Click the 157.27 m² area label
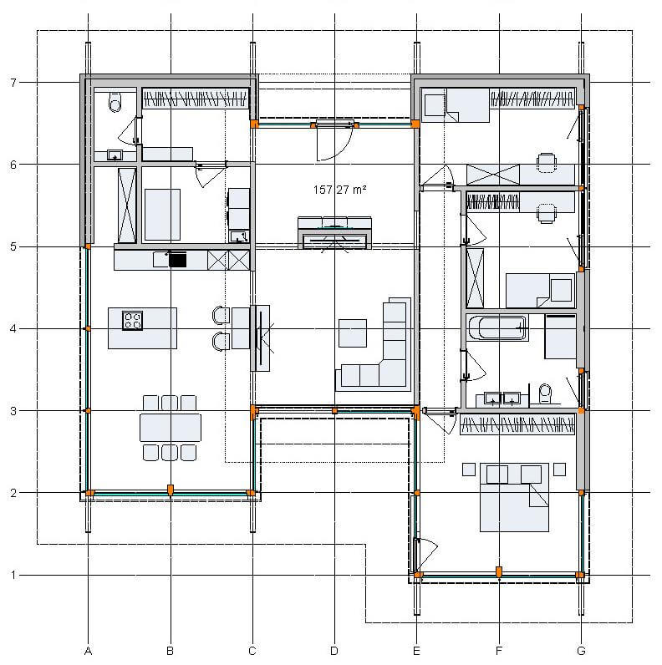(x=339, y=190)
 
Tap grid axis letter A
(x=88, y=651)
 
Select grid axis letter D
(x=334, y=651)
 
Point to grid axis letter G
(x=582, y=651)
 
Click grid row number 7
(x=13, y=82)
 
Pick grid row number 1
(x=13, y=575)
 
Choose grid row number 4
(x=13, y=328)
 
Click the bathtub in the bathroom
(x=498, y=327)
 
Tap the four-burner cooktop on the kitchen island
(x=132, y=321)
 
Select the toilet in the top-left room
(x=115, y=102)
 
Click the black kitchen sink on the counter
(x=177, y=259)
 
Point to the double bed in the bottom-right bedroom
(x=514, y=497)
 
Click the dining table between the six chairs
(x=171, y=428)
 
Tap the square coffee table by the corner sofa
(x=353, y=333)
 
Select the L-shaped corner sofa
(x=374, y=344)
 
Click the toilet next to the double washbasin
(x=545, y=394)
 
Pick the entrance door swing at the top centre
(x=335, y=142)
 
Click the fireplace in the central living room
(x=334, y=239)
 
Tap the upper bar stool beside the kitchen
(x=222, y=316)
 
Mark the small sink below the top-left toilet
(x=115, y=155)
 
